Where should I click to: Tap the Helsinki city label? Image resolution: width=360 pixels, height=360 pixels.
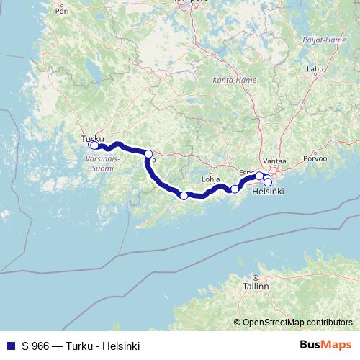[268, 192]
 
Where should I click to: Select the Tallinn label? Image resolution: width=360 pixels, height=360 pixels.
[256, 286]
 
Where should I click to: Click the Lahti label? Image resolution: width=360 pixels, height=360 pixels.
[315, 69]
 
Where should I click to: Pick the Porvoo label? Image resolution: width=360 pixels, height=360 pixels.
[315, 158]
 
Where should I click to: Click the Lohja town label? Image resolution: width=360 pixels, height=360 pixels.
[210, 180]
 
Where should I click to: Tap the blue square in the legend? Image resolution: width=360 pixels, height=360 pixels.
[8, 346]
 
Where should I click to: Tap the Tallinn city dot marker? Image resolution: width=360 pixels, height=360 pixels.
[255, 277]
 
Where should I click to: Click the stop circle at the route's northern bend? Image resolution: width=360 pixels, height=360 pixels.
[148, 154]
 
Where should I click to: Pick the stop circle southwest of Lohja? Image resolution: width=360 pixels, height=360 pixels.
[184, 196]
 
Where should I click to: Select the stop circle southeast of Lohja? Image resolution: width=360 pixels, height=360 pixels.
[235, 189]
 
